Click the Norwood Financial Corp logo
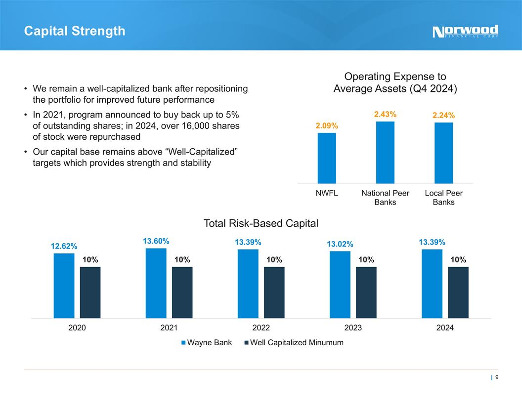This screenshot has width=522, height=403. coord(465,32)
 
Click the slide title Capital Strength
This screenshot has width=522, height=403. coord(75,31)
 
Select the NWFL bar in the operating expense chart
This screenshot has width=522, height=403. coord(327,158)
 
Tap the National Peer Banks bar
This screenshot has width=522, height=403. coord(385,152)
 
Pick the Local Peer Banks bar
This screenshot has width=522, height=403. coord(443,153)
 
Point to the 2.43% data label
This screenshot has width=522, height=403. coord(385,115)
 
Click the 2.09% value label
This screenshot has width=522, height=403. coord(327,126)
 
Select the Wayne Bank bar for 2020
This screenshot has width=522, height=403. coord(64,285)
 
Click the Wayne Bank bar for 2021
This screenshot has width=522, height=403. coord(156,283)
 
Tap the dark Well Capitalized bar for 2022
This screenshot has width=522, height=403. coord(274,292)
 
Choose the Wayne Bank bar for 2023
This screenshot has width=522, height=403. coord(340,284)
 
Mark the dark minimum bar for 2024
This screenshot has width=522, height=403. coord(458,292)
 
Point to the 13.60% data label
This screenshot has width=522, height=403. coord(156,242)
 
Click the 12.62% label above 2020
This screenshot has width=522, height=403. coord(64,246)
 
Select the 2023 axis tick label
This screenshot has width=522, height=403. coord(353,327)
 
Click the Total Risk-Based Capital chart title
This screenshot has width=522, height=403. coord(261,224)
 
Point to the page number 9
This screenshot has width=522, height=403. coord(496,378)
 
